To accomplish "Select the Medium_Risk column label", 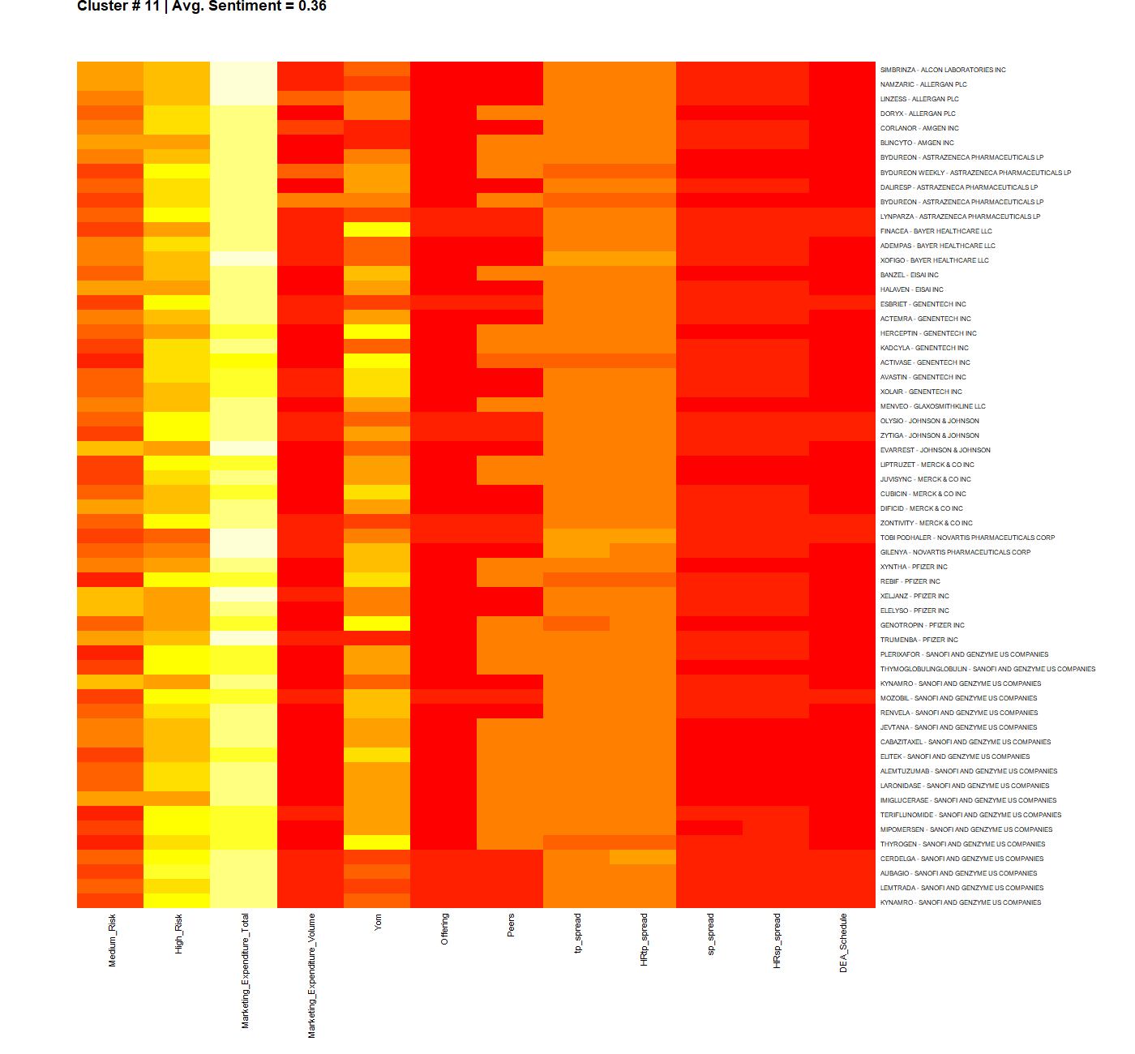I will [x=112, y=940].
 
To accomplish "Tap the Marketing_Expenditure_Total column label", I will [x=245, y=970].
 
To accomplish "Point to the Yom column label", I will [x=378, y=922].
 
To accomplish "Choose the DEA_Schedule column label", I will [x=843, y=943].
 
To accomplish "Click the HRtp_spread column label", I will [x=644, y=939].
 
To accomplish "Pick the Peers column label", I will [x=511, y=925].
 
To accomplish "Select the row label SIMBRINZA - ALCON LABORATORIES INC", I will [x=943, y=70].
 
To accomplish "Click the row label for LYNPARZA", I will [x=960, y=216].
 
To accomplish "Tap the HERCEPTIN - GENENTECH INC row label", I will [x=928, y=333].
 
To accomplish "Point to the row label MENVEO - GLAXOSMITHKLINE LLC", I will [x=933, y=406].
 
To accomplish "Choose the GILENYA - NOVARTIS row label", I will [x=955, y=552].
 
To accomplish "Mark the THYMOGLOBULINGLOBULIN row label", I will [x=987, y=669].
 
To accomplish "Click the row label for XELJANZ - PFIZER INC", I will [x=914, y=596].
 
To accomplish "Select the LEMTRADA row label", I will [x=962, y=888].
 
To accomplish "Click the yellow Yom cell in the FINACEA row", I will [x=377, y=230].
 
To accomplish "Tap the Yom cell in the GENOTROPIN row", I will [x=377, y=623].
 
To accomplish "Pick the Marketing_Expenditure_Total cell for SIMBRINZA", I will [x=243, y=69].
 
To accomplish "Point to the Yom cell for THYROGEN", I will [x=377, y=842].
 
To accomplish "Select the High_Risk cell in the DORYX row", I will [x=177, y=113].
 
